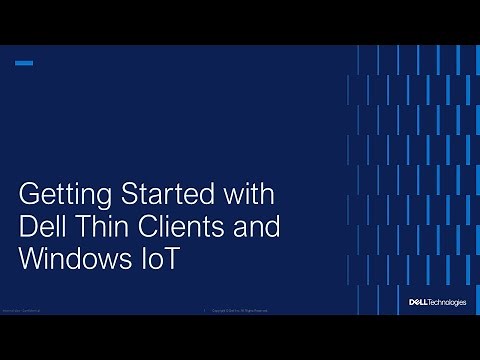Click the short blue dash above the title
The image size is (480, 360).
[x=24, y=63]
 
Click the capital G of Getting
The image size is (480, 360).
[x=30, y=192]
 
